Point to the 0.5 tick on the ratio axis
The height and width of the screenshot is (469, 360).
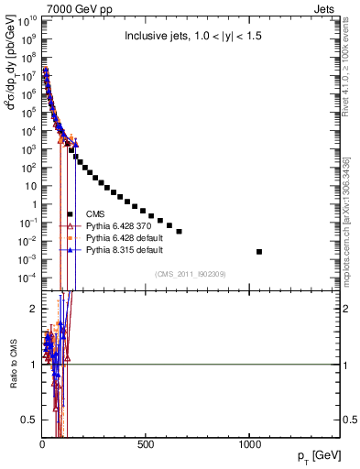point(32,420)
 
